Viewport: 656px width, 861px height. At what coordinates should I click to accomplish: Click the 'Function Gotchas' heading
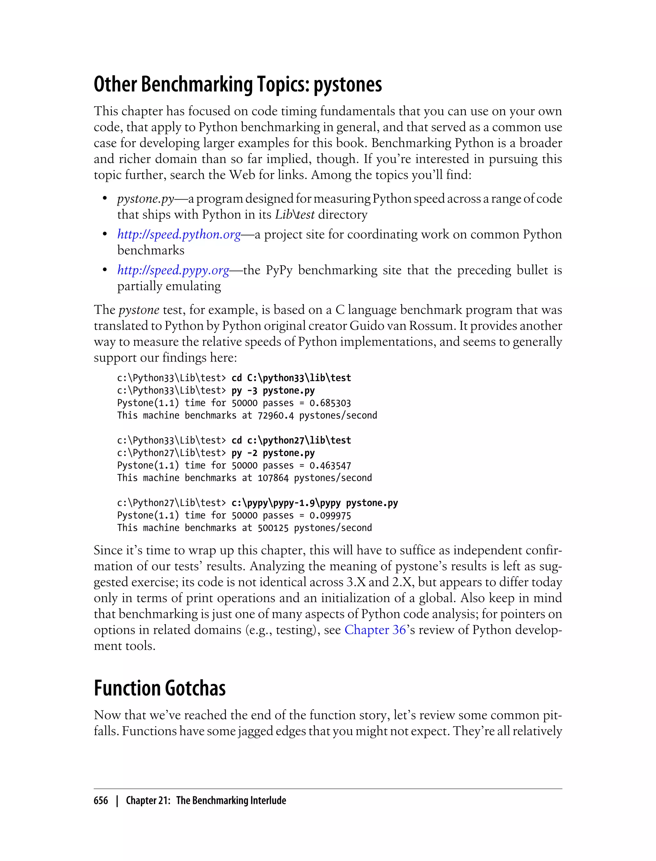click(x=160, y=689)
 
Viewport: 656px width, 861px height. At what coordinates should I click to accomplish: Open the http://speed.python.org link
click(x=179, y=235)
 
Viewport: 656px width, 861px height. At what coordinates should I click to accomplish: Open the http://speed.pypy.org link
click(x=173, y=270)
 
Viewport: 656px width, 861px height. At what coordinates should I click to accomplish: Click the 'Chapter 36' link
click(x=375, y=630)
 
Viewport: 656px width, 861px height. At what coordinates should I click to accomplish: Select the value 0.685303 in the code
click(x=330, y=403)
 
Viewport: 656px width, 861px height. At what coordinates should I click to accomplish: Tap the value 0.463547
click(x=330, y=465)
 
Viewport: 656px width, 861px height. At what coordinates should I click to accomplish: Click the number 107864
click(x=273, y=478)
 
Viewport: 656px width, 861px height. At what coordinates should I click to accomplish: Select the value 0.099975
click(x=330, y=515)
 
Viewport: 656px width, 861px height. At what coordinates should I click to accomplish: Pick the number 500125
click(x=273, y=528)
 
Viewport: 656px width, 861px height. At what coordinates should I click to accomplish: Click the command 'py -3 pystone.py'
click(x=273, y=390)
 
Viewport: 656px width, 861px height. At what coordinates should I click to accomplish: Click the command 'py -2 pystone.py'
click(x=273, y=453)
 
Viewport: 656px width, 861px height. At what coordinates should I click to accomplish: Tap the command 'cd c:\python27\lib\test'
click(x=291, y=440)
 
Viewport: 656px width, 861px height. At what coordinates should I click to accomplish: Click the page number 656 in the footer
click(x=101, y=800)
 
